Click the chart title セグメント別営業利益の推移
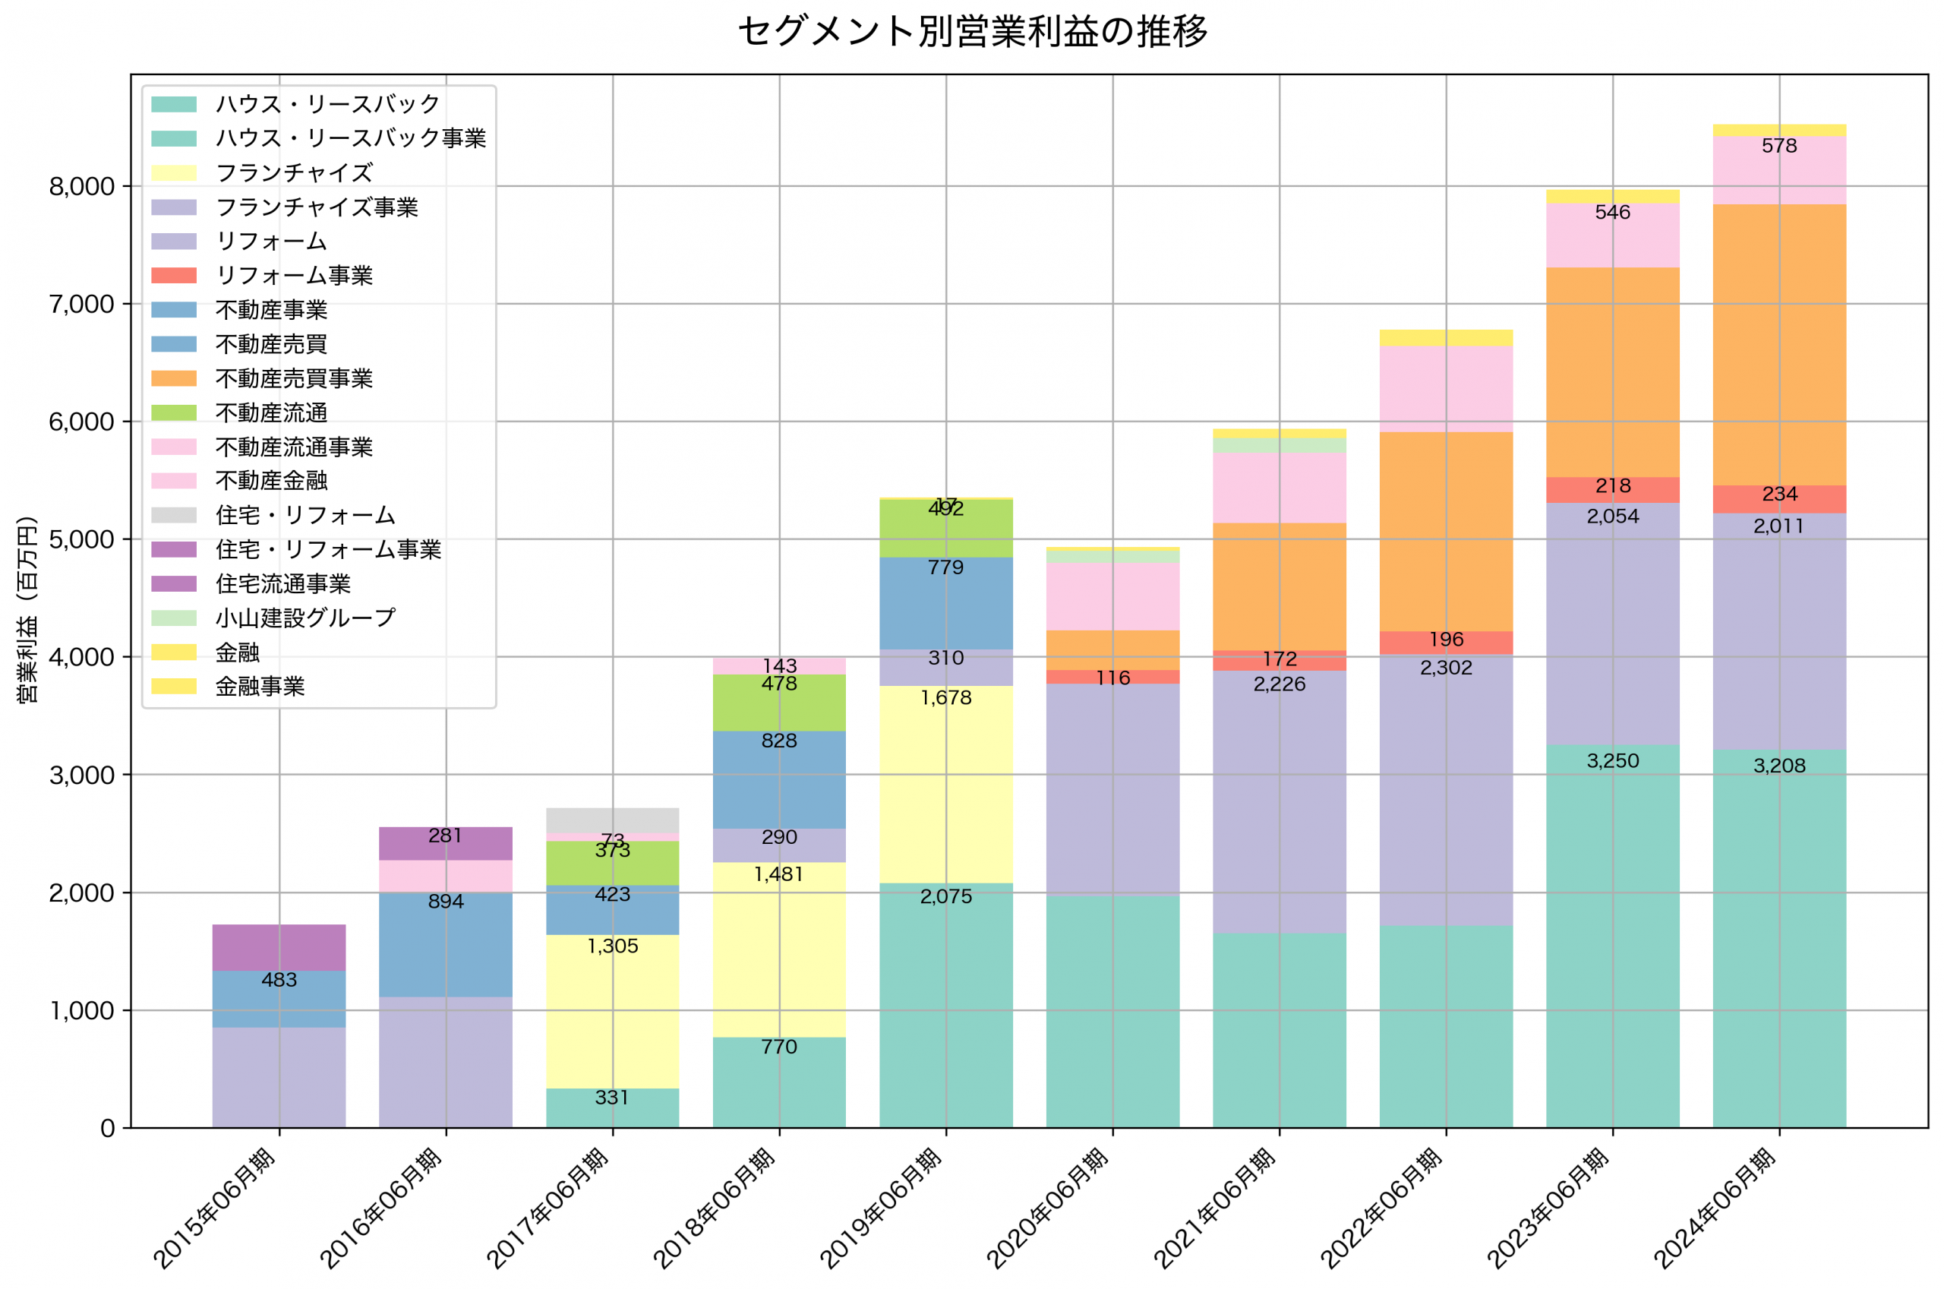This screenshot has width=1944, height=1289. coord(972,32)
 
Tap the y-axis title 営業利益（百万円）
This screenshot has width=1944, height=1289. coord(27,609)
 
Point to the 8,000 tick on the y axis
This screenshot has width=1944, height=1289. coord(81,187)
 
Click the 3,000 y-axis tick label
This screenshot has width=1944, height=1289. coord(81,776)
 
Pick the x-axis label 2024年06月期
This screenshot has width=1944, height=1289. coord(1715,1208)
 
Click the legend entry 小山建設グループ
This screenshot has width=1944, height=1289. coord(305,618)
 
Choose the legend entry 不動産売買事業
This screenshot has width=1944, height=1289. coord(293,378)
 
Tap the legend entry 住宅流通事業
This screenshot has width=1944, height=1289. coord(282,583)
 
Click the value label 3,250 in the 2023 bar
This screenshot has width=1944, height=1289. coord(1612,761)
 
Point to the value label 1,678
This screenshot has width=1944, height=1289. coord(945,698)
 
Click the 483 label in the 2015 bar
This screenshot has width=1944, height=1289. coord(279,980)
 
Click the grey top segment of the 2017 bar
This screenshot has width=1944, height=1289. coord(612,820)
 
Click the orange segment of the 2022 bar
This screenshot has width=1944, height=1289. coord(1445,531)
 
